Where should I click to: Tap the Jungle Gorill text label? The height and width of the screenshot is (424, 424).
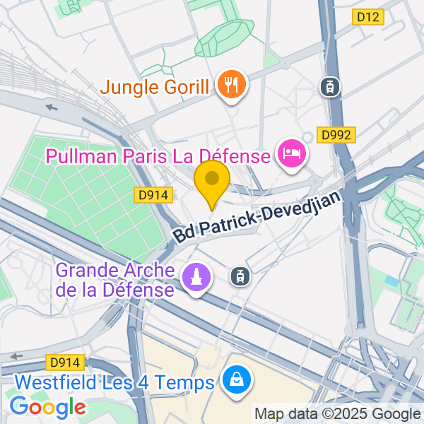point(155,88)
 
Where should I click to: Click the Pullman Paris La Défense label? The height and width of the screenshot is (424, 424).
point(158,156)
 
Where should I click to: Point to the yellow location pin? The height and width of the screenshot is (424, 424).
point(212,181)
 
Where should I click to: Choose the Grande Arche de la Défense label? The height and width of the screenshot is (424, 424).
point(114,281)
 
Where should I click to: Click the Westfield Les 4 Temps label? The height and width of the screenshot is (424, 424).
point(114,384)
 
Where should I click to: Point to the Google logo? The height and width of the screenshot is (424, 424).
point(47,407)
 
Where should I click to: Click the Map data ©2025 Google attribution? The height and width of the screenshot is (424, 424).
point(337,414)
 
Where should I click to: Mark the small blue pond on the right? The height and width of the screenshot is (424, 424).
point(391,281)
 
